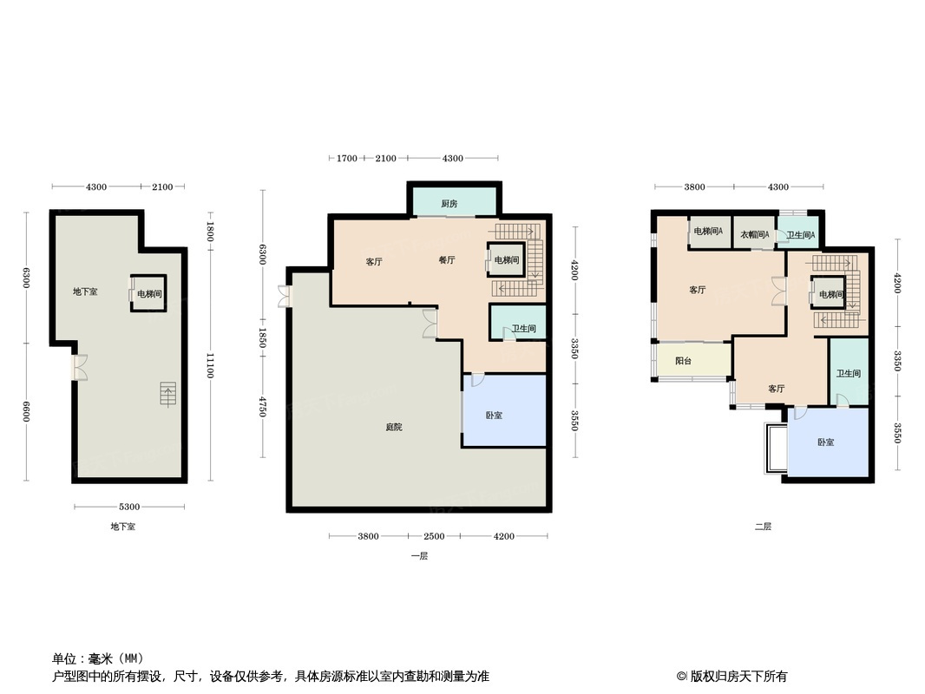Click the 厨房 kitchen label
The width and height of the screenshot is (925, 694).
(449, 204)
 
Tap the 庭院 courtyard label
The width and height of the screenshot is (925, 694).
(394, 427)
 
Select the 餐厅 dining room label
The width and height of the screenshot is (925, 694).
(446, 260)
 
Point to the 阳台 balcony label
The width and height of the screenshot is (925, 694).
(683, 360)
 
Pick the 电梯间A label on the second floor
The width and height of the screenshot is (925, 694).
(708, 232)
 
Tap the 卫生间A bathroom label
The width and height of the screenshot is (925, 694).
(800, 235)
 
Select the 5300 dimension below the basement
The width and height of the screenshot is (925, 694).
(129, 507)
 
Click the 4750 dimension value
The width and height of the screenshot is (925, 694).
(261, 406)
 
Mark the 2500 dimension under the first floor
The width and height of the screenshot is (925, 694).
(434, 536)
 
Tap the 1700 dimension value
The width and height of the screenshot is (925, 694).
(346, 158)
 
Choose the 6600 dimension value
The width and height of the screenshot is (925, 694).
(26, 411)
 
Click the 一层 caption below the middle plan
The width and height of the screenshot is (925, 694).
(419, 556)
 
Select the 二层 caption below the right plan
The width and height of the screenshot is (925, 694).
(763, 527)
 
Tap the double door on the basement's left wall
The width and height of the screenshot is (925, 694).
(79, 368)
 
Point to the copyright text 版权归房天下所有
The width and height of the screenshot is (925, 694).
(732, 676)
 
